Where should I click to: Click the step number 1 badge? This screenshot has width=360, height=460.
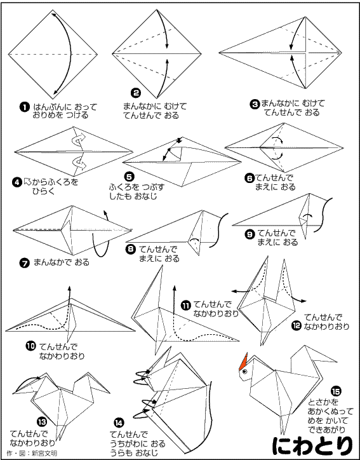[24, 107]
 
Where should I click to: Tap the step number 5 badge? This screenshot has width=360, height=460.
[130, 177]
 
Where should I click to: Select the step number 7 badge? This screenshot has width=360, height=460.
[25, 263]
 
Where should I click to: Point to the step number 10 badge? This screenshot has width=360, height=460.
[30, 346]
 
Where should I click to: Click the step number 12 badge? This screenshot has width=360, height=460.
[297, 326]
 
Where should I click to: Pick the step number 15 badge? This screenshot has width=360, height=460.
[336, 391]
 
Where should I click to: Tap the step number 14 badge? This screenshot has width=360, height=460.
[119, 423]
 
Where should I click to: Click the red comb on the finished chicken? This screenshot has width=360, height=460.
[243, 362]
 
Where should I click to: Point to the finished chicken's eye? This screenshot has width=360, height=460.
[244, 372]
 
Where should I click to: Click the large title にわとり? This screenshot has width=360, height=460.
[312, 445]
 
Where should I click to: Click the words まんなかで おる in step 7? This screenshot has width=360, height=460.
[62, 262]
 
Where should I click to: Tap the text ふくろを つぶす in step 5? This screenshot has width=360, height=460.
[137, 187]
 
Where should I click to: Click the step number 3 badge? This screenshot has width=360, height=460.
[255, 104]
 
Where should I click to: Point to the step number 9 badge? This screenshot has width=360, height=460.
[250, 234]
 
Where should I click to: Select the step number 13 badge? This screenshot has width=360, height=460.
[42, 422]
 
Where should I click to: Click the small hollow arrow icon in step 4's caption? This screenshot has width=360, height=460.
[27, 182]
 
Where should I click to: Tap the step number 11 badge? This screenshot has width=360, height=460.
[187, 306]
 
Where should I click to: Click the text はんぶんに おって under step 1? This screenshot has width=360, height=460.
[65, 107]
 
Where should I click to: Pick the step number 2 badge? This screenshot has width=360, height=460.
[136, 93]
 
